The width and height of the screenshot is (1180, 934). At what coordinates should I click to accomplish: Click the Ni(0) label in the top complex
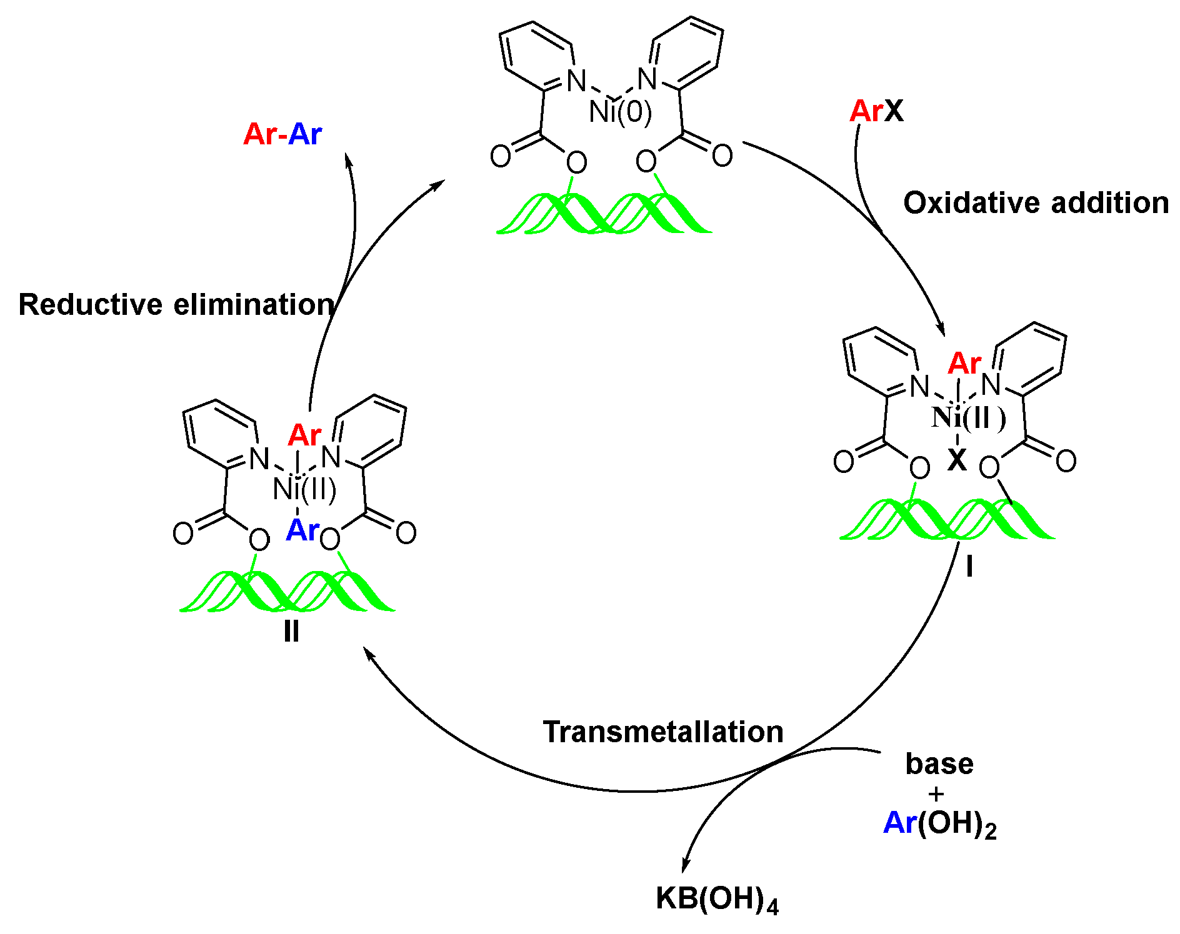(x=620, y=112)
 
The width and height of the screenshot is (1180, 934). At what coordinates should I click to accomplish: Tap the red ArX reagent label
(x=876, y=111)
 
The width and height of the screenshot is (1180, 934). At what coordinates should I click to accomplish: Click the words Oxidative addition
(x=1036, y=203)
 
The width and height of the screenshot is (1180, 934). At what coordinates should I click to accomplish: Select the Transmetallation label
(x=663, y=732)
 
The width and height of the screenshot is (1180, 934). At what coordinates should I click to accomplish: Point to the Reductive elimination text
(x=177, y=305)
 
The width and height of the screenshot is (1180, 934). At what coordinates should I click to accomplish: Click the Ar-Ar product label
(x=282, y=134)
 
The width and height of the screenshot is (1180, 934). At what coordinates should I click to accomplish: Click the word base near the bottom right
(x=939, y=763)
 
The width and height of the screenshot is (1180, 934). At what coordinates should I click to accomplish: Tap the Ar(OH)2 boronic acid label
(x=939, y=824)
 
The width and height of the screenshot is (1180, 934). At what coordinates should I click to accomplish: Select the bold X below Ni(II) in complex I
(x=956, y=460)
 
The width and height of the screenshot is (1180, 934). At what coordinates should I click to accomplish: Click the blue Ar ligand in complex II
(x=302, y=531)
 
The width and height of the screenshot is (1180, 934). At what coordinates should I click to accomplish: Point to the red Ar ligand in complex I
(x=964, y=364)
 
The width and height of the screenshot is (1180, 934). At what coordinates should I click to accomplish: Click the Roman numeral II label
(x=291, y=632)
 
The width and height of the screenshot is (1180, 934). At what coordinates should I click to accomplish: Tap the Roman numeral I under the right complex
(x=969, y=567)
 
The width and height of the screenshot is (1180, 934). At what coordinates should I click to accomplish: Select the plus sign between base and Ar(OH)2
(x=936, y=794)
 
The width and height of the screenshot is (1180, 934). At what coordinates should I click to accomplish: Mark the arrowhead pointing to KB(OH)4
(x=686, y=866)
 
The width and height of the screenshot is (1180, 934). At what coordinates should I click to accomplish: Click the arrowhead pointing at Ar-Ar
(x=349, y=161)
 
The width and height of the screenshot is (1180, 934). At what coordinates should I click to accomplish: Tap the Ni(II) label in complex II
(x=305, y=489)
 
